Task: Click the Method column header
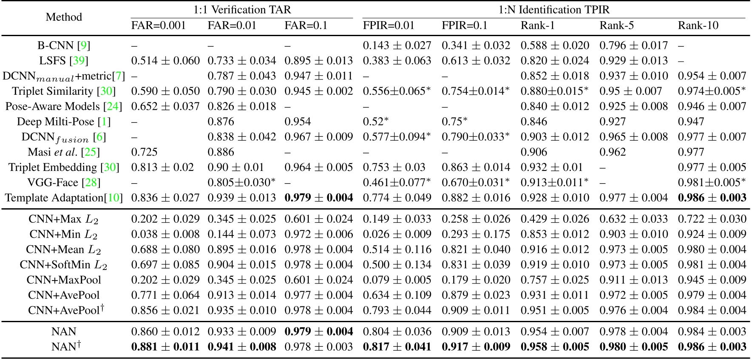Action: pos(64,17)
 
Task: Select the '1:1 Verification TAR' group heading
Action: pos(242,9)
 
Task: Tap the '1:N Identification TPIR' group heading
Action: pos(553,9)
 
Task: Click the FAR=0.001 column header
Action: pos(159,26)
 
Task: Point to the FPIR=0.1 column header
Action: pos(465,26)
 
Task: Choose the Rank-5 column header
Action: pos(616,26)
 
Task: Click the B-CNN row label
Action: pos(64,45)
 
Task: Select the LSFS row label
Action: pos(64,61)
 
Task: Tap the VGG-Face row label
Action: pos(64,183)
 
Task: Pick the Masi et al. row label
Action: pos(64,152)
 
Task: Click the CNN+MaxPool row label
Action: pos(64,280)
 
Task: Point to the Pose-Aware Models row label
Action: pos(64,107)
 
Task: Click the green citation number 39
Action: pos(79,61)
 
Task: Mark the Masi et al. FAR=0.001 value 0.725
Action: pos(144,152)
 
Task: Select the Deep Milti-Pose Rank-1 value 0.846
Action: pos(533,122)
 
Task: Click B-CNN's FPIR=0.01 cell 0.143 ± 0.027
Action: pos(397,45)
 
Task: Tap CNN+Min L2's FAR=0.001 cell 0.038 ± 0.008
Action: pos(165,234)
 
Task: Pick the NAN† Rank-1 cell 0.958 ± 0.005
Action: pos(554,347)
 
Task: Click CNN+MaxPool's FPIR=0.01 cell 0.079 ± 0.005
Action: pos(397,280)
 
